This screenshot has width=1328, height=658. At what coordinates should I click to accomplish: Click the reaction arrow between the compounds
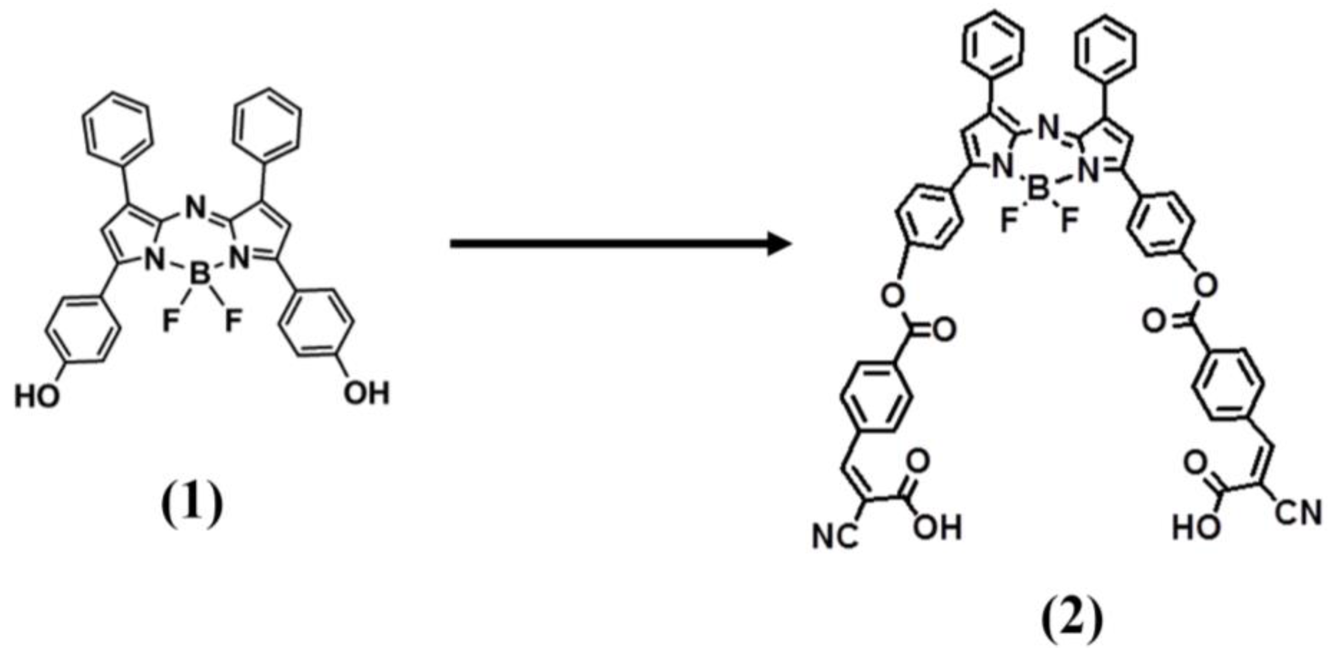click(x=619, y=244)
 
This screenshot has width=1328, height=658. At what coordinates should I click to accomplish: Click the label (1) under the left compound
click(x=192, y=507)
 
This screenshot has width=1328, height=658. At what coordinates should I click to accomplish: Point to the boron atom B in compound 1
click(x=199, y=275)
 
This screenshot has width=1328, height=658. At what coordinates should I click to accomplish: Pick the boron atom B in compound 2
click(x=1038, y=191)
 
